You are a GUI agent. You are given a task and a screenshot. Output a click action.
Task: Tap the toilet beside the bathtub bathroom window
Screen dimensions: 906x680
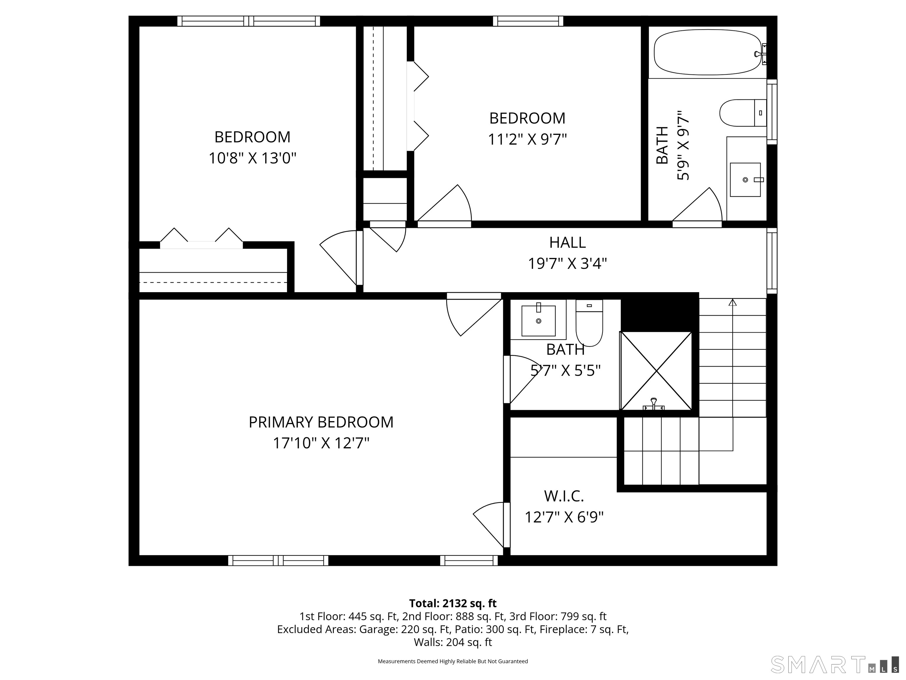(743, 113)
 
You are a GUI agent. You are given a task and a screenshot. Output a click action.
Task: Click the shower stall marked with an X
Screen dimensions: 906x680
(656, 371)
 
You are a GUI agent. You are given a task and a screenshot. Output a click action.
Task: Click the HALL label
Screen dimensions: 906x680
(567, 243)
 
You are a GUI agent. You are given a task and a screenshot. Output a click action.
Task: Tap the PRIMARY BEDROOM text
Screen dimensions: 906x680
(321, 422)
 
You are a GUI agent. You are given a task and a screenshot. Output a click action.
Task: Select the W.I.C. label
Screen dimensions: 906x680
(564, 496)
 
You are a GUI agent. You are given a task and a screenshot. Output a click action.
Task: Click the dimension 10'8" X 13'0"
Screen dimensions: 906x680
(252, 158)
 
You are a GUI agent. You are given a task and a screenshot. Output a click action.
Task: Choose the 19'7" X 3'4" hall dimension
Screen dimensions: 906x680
(567, 264)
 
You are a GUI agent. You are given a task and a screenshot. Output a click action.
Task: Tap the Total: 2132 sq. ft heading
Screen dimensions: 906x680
(453, 603)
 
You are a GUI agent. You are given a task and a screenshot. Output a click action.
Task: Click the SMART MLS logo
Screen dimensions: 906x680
(834, 664)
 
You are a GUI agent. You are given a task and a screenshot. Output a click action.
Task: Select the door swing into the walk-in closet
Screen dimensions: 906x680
(490, 525)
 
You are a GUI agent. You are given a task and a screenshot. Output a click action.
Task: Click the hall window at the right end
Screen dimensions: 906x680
(772, 260)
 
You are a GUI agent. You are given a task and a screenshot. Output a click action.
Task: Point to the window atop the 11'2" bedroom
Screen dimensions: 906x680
(528, 21)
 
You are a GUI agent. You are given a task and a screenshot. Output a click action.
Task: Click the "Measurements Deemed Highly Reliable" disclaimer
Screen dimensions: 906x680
(453, 661)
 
